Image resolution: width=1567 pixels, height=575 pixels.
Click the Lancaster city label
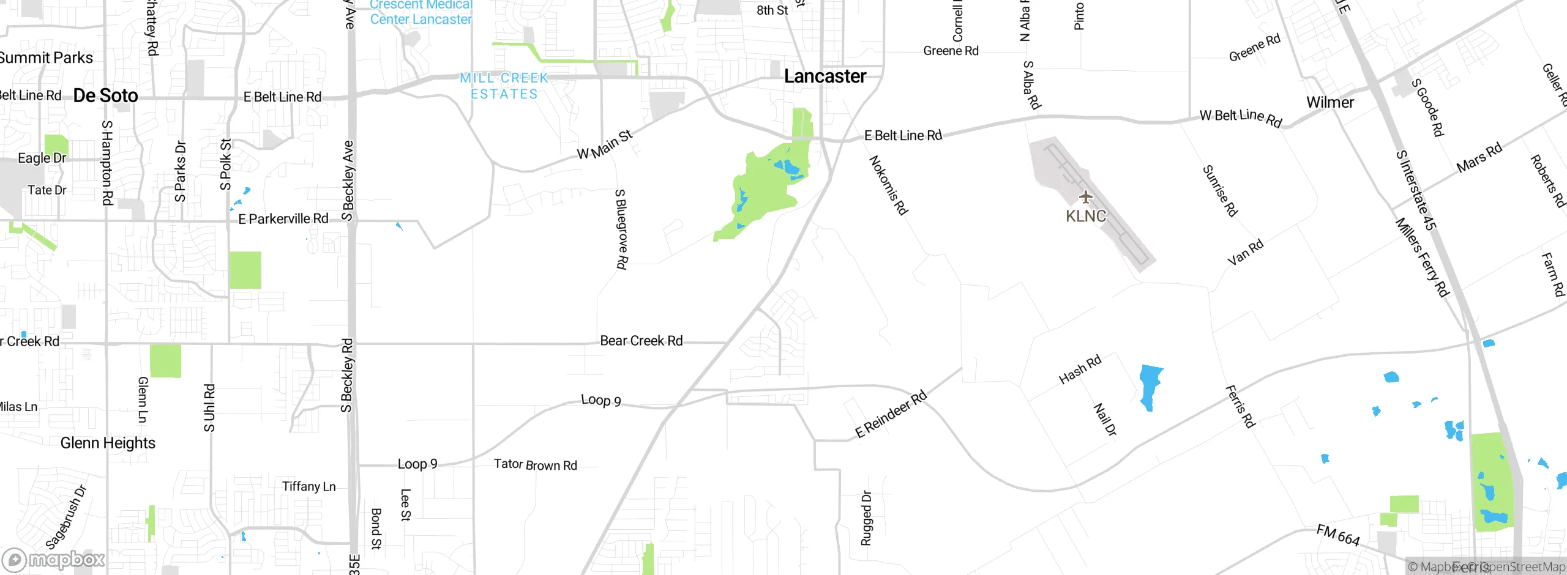pyautogui.click(x=825, y=76)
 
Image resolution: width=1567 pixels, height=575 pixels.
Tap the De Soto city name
pyautogui.click(x=106, y=95)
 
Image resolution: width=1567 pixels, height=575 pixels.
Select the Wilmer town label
pyautogui.click(x=1330, y=102)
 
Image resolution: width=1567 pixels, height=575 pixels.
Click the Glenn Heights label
pyautogui.click(x=108, y=443)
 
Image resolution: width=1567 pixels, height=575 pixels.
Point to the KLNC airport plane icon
pyautogui.click(x=1085, y=197)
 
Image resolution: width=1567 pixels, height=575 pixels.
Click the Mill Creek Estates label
pyautogui.click(x=504, y=86)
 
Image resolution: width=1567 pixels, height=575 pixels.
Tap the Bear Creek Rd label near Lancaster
pyautogui.click(x=641, y=341)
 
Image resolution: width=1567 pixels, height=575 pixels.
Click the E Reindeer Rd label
pyautogui.click(x=891, y=414)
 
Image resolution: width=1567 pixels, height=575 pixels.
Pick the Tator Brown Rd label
pyautogui.click(x=536, y=465)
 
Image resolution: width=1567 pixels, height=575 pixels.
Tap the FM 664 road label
pyautogui.click(x=1338, y=535)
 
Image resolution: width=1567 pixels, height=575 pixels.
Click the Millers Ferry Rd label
pyautogui.click(x=1422, y=257)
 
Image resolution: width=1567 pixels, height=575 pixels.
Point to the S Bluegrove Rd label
pyautogui.click(x=621, y=229)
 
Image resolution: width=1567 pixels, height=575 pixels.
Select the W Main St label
pyautogui.click(x=605, y=145)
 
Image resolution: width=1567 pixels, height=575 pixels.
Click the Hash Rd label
pyautogui.click(x=1080, y=369)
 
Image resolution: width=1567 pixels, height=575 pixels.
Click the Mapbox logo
pyautogui.click(x=54, y=560)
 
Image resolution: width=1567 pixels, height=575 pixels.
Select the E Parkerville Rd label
pyautogui.click(x=283, y=218)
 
